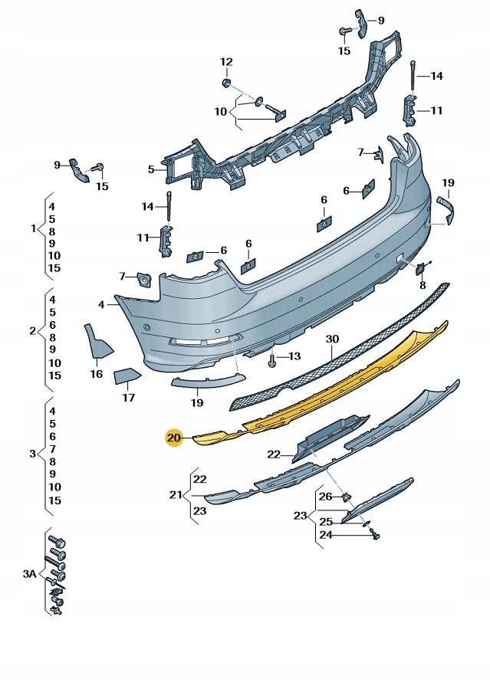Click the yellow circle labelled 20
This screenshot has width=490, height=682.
[x=173, y=438]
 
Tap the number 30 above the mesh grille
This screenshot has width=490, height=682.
[x=331, y=339]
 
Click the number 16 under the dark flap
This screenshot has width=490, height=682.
[x=96, y=374]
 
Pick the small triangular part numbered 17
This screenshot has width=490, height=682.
[x=127, y=376]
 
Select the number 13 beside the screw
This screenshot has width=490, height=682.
[x=294, y=356]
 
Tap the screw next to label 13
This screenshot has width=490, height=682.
[x=272, y=357]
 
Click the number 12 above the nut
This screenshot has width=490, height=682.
[x=226, y=61]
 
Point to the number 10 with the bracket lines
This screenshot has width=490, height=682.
[x=221, y=111]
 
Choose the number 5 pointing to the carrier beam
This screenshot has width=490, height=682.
[x=151, y=169]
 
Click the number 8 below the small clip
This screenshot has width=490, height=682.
[x=422, y=285]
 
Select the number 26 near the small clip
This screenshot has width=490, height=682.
[x=326, y=497]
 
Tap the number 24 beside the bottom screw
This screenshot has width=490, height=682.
[x=326, y=535]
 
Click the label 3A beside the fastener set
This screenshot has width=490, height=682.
[x=29, y=573]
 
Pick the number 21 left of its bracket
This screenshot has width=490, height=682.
[x=174, y=494]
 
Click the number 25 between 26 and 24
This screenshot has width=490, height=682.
[x=326, y=521]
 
